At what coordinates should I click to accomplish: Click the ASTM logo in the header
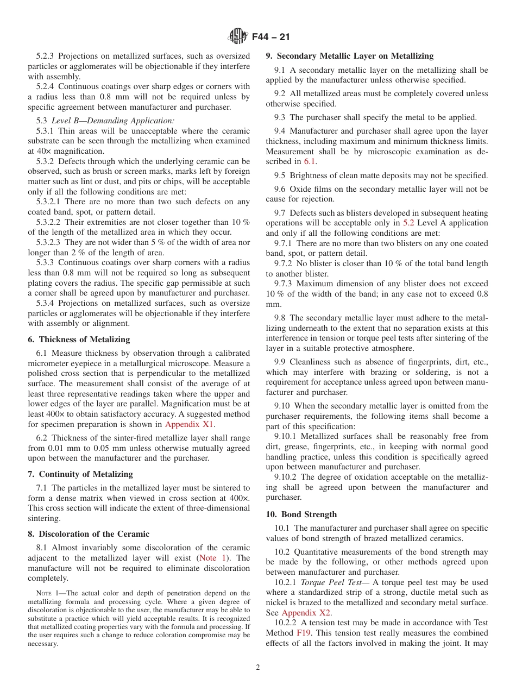pos(238,37)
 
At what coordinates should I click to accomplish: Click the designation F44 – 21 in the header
pos(271,37)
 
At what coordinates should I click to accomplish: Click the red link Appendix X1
pos(189,424)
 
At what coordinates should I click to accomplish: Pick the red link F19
pos(303,633)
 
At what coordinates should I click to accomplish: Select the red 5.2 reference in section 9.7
pos(409,223)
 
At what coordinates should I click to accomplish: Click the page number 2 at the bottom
pos(258,668)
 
